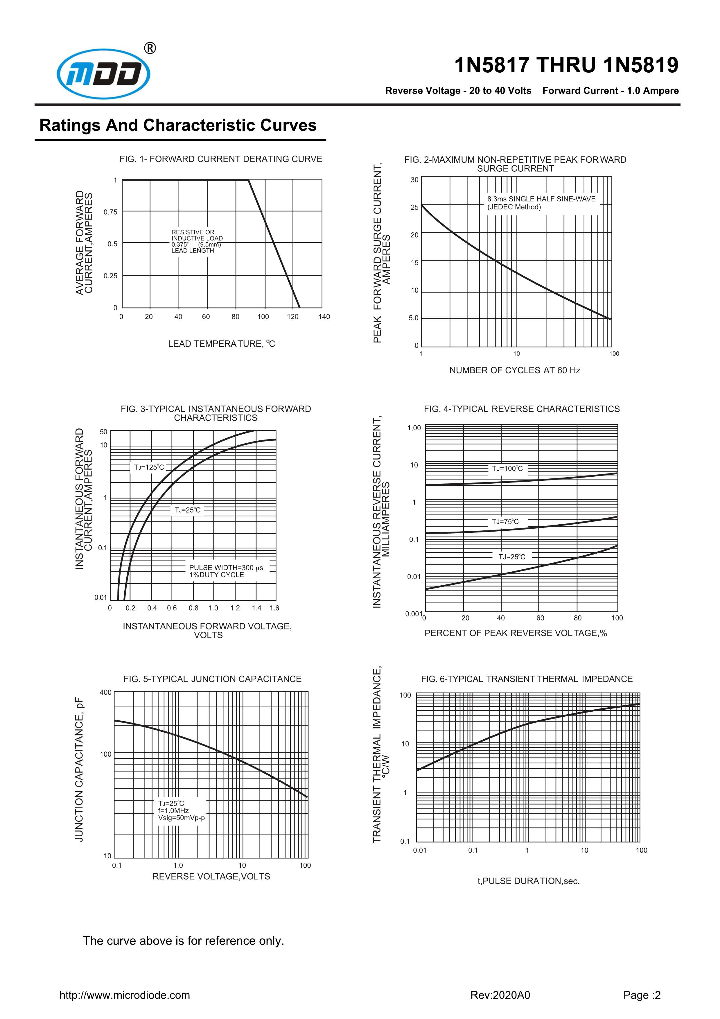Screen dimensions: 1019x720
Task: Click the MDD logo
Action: click(103, 74)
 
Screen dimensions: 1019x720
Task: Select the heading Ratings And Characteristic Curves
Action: click(178, 125)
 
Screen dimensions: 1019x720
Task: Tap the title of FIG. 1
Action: click(220, 159)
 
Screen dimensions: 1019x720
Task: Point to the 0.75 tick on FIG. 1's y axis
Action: click(110, 212)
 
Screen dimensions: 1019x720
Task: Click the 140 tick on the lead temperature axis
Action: click(324, 316)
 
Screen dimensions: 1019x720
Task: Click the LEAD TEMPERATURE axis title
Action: click(221, 344)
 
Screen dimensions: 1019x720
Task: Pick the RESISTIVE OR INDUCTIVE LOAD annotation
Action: click(197, 241)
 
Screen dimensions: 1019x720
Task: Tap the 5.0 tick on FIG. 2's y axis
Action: click(414, 318)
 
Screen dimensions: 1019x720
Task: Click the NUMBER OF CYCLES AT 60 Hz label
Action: click(515, 370)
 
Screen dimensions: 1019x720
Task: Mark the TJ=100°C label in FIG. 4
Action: click(507, 468)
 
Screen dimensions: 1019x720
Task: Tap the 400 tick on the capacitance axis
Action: click(106, 692)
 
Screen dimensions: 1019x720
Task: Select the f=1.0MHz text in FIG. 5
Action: click(173, 810)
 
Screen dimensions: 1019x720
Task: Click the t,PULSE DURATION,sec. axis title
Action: click(528, 881)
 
